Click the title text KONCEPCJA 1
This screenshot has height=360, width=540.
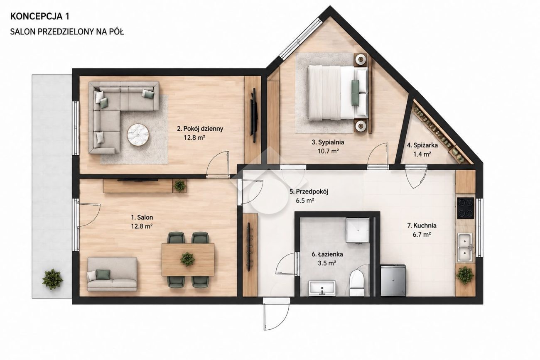pos(40,16)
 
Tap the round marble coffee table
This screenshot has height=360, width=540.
pos(137,135)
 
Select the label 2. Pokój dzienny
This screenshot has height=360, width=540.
pos(200,129)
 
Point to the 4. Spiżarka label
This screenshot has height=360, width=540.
pos(422,145)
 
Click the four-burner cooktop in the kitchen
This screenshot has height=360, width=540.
pos(466,208)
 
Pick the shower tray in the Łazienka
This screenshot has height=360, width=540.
pos(358,230)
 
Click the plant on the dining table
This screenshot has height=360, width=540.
pos(187,259)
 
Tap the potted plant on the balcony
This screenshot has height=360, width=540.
pos(52,279)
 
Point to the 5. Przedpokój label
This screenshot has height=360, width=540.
pos(309,192)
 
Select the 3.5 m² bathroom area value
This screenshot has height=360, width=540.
pos(327,263)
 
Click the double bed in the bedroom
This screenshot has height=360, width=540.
pos(337,93)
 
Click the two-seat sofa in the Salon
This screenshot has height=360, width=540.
pos(112,274)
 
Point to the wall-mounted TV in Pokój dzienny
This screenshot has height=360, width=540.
pos(254,115)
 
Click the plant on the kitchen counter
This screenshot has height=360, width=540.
pos(465,275)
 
